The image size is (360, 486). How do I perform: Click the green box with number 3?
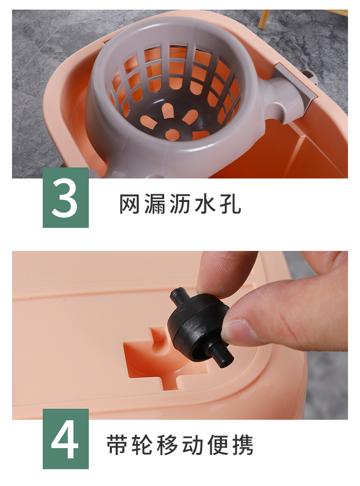(66, 198)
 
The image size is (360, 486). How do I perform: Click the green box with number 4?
(66, 439)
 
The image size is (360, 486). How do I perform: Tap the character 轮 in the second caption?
(143, 446)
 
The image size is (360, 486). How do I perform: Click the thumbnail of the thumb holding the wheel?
(239, 331)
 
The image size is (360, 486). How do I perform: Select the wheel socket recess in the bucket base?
(154, 357)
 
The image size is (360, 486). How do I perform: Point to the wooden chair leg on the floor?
(264, 19)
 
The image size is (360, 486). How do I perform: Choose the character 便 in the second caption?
(218, 446)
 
